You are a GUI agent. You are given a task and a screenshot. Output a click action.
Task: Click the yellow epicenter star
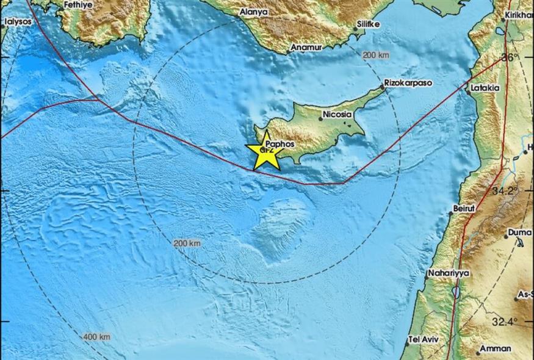[264, 152]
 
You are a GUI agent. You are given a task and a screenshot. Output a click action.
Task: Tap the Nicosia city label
[337, 113]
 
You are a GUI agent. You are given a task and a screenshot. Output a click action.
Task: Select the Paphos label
[280, 144]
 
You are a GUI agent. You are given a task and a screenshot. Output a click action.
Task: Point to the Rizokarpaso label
[408, 81]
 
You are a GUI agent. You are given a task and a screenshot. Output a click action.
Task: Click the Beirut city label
[464, 208]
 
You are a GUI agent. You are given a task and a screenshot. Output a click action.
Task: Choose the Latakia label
[486, 88]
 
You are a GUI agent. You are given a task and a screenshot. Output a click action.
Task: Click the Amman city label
[496, 348]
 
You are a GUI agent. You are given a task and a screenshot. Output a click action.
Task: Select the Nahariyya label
[449, 273]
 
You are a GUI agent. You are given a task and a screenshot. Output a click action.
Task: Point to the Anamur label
[306, 47]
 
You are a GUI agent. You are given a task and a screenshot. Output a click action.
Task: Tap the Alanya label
[254, 12]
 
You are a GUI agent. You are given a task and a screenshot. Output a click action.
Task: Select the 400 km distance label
[97, 336]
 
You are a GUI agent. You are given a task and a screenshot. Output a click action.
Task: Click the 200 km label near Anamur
[376, 55]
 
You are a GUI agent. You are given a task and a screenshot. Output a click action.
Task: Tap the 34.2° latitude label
[505, 190]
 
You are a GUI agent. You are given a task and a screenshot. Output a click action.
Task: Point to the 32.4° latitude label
[505, 321]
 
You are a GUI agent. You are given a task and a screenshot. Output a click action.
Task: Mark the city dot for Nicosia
[320, 118]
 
